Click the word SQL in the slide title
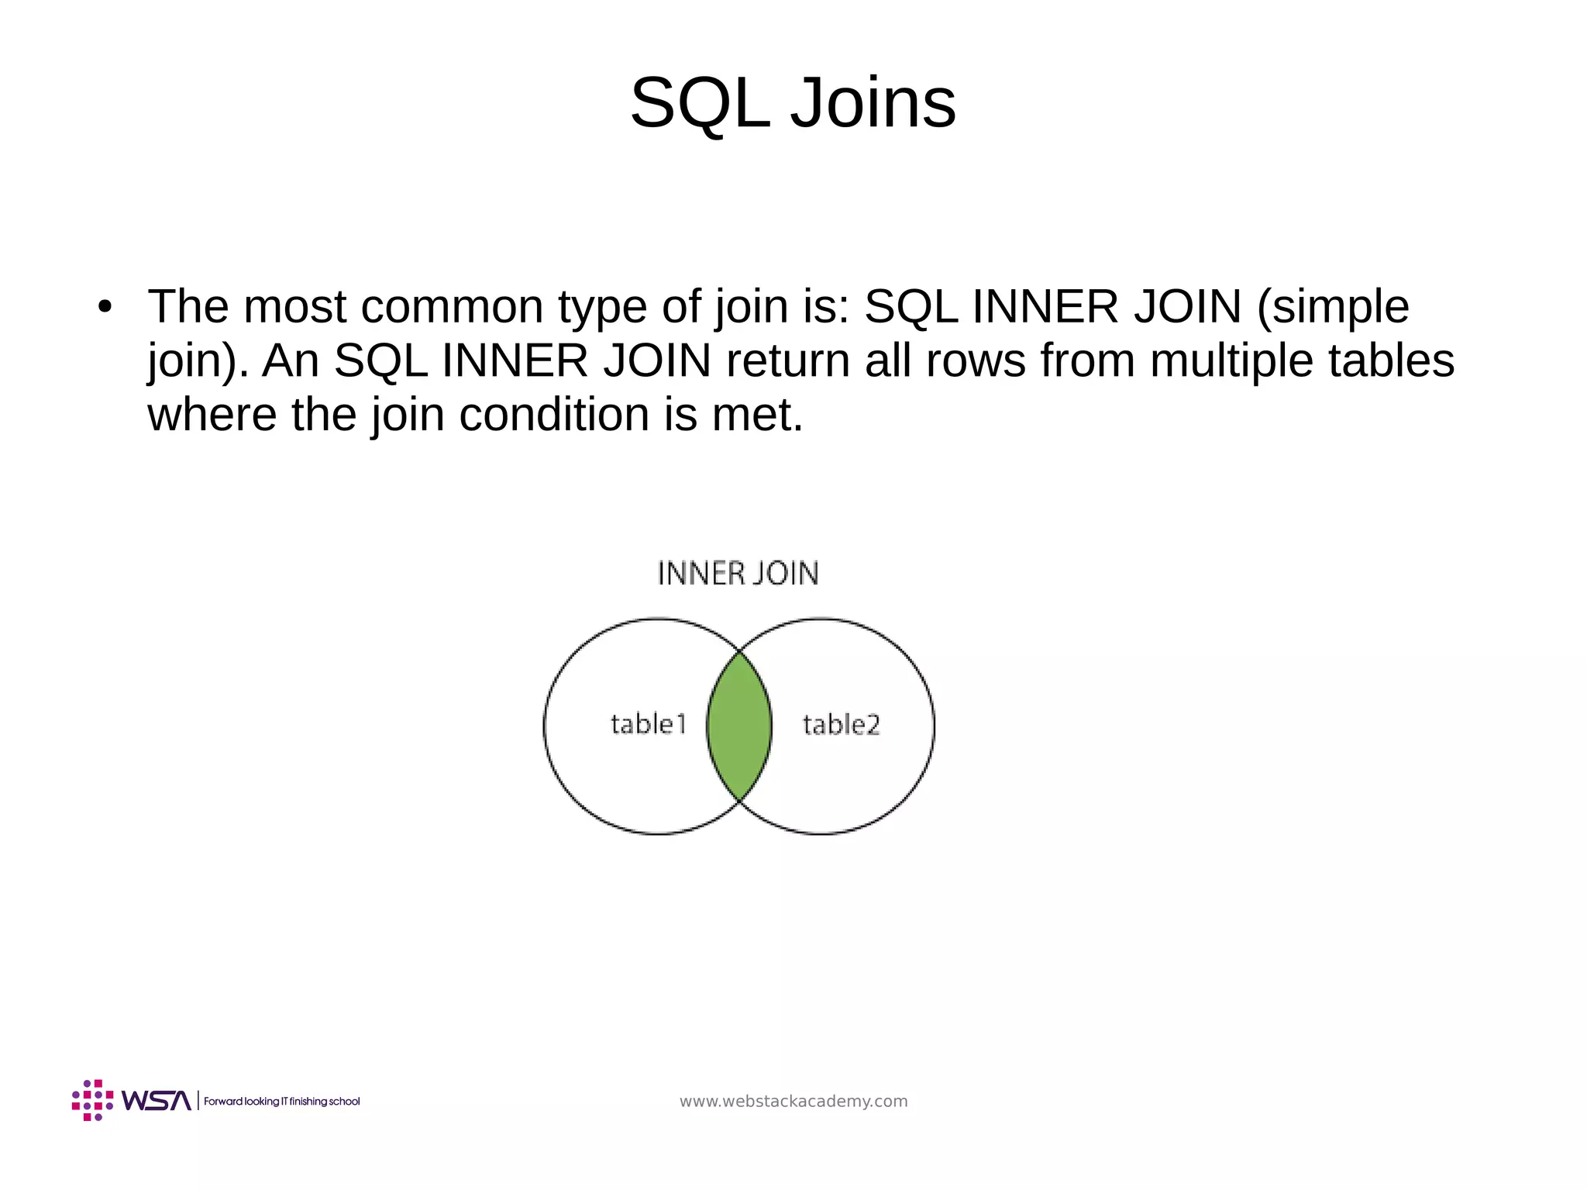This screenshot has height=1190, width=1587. tap(700, 104)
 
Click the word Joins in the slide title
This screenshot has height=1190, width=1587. tap(873, 104)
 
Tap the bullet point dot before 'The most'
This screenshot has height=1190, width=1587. tap(105, 307)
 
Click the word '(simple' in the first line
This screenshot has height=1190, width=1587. tap(1332, 307)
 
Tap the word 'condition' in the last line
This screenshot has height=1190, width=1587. tap(554, 415)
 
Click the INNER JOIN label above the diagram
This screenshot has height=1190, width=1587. tap(738, 574)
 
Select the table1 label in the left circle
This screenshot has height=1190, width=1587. tap(649, 724)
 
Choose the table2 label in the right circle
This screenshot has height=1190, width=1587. tap(841, 725)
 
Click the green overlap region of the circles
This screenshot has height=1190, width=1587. tap(739, 726)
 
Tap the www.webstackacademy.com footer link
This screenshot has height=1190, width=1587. tap(793, 1102)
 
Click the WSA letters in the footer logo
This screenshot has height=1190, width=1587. tap(156, 1101)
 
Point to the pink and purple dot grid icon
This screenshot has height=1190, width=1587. tap(92, 1100)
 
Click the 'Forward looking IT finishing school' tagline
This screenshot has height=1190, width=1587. tap(282, 1102)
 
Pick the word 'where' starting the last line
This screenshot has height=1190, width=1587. tap(212, 415)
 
